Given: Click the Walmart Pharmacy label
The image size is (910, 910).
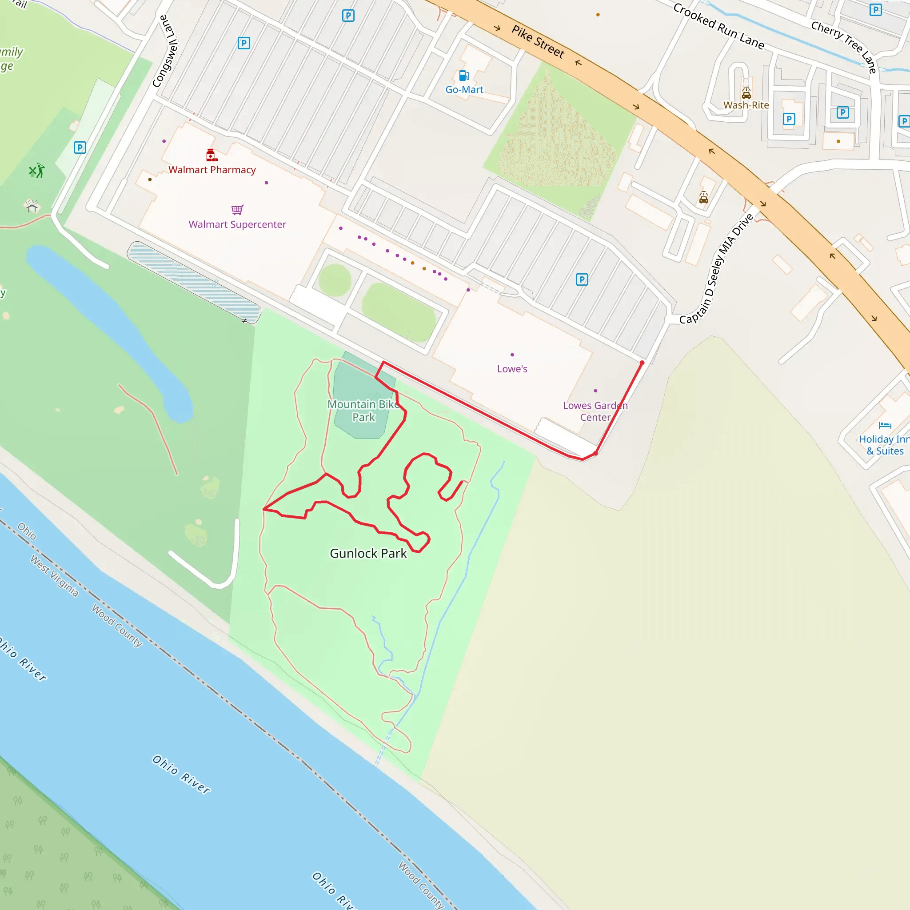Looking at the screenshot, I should coord(212,170).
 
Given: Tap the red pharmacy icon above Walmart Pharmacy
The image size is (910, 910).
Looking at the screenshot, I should coord(212,155).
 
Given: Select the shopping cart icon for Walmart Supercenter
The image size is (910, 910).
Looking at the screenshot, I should coord(237,210).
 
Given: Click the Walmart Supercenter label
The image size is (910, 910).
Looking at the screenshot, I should coord(237,224).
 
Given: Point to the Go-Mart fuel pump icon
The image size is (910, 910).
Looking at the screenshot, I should coord(464,76).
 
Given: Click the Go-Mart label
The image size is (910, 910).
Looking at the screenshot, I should coord(464,89).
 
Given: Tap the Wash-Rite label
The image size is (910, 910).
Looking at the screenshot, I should coord(746,105).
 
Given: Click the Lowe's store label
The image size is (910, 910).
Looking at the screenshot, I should coord(512,369).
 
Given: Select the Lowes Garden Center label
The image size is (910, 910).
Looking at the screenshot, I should coord(595,411).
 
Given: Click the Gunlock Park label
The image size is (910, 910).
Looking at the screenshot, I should coord(368,554).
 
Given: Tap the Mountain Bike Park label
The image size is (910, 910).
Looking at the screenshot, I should coord(363,411).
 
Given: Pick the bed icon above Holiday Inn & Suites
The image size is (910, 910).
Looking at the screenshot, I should coord(885,425).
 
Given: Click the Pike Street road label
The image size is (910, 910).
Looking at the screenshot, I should coord(538,41).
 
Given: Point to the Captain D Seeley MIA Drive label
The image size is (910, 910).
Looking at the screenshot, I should coord(716,269).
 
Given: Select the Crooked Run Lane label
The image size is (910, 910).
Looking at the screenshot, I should coord(718,26).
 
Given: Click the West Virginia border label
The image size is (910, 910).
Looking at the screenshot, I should coord(54,575).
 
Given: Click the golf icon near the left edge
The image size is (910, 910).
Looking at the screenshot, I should coord(36,171).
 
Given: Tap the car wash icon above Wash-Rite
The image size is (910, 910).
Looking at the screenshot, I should coord(746,92).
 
